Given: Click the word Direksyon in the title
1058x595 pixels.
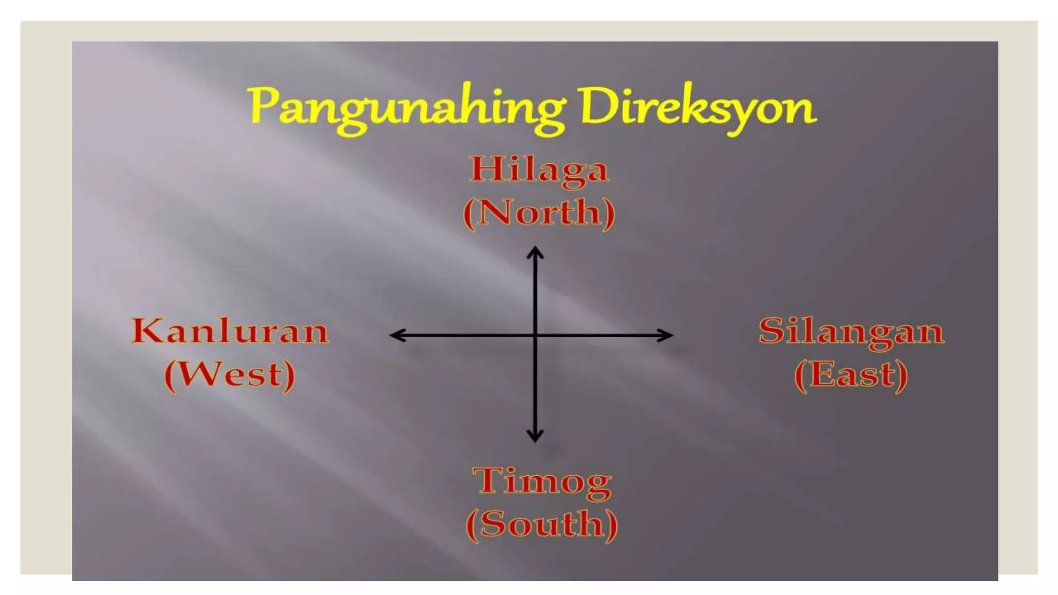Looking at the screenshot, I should click(x=695, y=107).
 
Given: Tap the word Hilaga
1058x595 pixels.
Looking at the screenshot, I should click(x=539, y=169).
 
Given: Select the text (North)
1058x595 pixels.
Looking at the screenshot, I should click(x=539, y=212).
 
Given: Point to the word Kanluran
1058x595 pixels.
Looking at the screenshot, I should click(x=230, y=331).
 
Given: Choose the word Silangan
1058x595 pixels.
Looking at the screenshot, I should click(x=851, y=331).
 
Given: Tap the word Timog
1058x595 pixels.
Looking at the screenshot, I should click(x=542, y=481).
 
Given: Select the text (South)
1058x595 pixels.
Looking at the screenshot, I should click(x=542, y=524).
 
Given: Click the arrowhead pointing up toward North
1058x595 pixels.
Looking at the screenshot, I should click(x=535, y=252).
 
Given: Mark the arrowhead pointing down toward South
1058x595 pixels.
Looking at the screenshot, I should click(x=535, y=436).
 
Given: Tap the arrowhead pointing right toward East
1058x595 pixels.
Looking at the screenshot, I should click(x=667, y=335).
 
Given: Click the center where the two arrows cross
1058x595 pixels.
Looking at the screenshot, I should click(x=535, y=335).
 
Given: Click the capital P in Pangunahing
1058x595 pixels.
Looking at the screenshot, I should click(x=263, y=105).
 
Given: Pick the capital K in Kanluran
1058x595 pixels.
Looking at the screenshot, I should click(x=147, y=331).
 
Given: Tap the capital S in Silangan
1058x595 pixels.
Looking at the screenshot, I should click(x=770, y=331).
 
